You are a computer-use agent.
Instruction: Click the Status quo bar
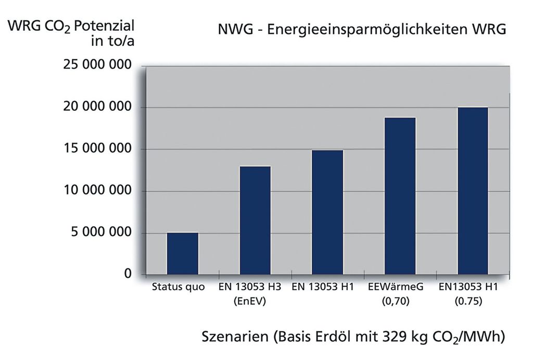tap(182, 253)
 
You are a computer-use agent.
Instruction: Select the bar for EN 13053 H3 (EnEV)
tap(255, 220)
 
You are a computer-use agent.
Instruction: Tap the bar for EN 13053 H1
tap(327, 212)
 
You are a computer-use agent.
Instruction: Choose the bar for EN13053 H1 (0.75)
tap(472, 190)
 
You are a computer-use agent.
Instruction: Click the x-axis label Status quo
tap(179, 287)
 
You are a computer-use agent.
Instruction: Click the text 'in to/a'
tap(114, 41)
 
